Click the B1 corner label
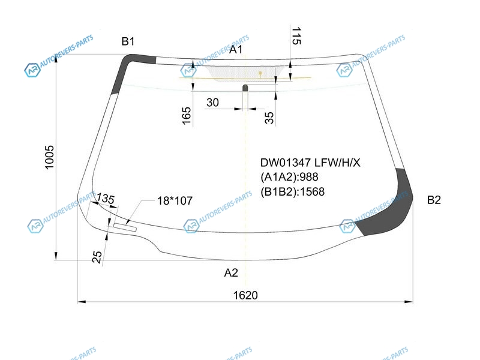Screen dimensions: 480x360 pos(128,41)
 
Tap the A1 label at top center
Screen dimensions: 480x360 pos(236,49)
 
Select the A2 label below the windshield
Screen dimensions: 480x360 pos(231,272)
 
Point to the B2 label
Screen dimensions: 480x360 pos(434,200)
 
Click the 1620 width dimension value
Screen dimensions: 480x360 pos(245,295)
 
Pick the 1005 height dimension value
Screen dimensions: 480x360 pos(49,157)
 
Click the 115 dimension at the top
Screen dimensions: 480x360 pos(296,36)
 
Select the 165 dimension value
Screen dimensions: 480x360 pos(187,116)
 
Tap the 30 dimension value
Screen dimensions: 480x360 pos(212,102)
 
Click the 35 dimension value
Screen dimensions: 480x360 pos(269,118)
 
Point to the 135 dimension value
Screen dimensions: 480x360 pos(106,199)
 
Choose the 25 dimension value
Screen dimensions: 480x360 pos(97,257)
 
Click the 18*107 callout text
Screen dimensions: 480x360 pos(175,201)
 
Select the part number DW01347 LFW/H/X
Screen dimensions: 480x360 pos(310,163)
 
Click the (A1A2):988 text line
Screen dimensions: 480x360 pos(289,177)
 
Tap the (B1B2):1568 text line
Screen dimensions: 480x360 pos(292,191)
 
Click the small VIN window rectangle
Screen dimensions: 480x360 pos(125,227)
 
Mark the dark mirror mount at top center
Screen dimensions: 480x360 pos(245,88)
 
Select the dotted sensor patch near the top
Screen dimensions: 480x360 pos(242,74)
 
